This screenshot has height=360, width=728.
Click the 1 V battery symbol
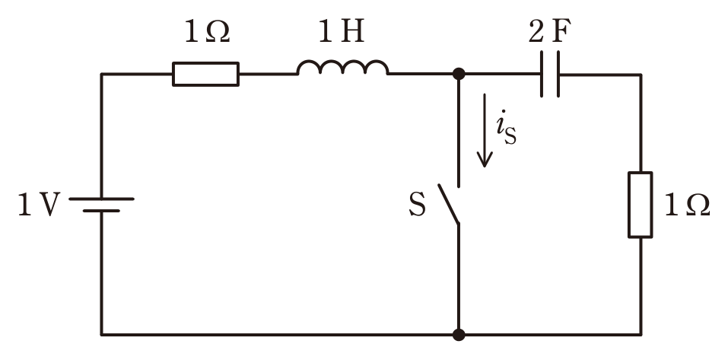[101, 205]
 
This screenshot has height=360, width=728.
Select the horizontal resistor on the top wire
[205, 74]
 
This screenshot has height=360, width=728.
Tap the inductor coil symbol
[342, 68]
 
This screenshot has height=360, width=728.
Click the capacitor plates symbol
[550, 74]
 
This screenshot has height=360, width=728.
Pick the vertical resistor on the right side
[641, 205]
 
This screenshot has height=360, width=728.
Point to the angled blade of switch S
[449, 204]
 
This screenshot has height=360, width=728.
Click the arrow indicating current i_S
[485, 130]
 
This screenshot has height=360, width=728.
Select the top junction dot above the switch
[459, 74]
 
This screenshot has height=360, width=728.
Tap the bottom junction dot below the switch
[459, 334]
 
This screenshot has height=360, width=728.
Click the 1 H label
[342, 32]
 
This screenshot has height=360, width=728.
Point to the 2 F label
[550, 32]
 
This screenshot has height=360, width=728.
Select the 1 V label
[39, 205]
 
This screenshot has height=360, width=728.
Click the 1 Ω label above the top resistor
[207, 32]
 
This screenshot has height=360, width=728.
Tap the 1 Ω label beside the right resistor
[687, 205]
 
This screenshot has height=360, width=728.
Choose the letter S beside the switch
[417, 205]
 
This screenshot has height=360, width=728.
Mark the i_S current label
[506, 128]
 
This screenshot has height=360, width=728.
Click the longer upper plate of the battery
[101, 199]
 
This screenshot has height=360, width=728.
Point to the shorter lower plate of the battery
[101, 211]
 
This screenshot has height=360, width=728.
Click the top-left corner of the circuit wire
[101, 74]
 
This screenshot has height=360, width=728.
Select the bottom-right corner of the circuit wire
[641, 334]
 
